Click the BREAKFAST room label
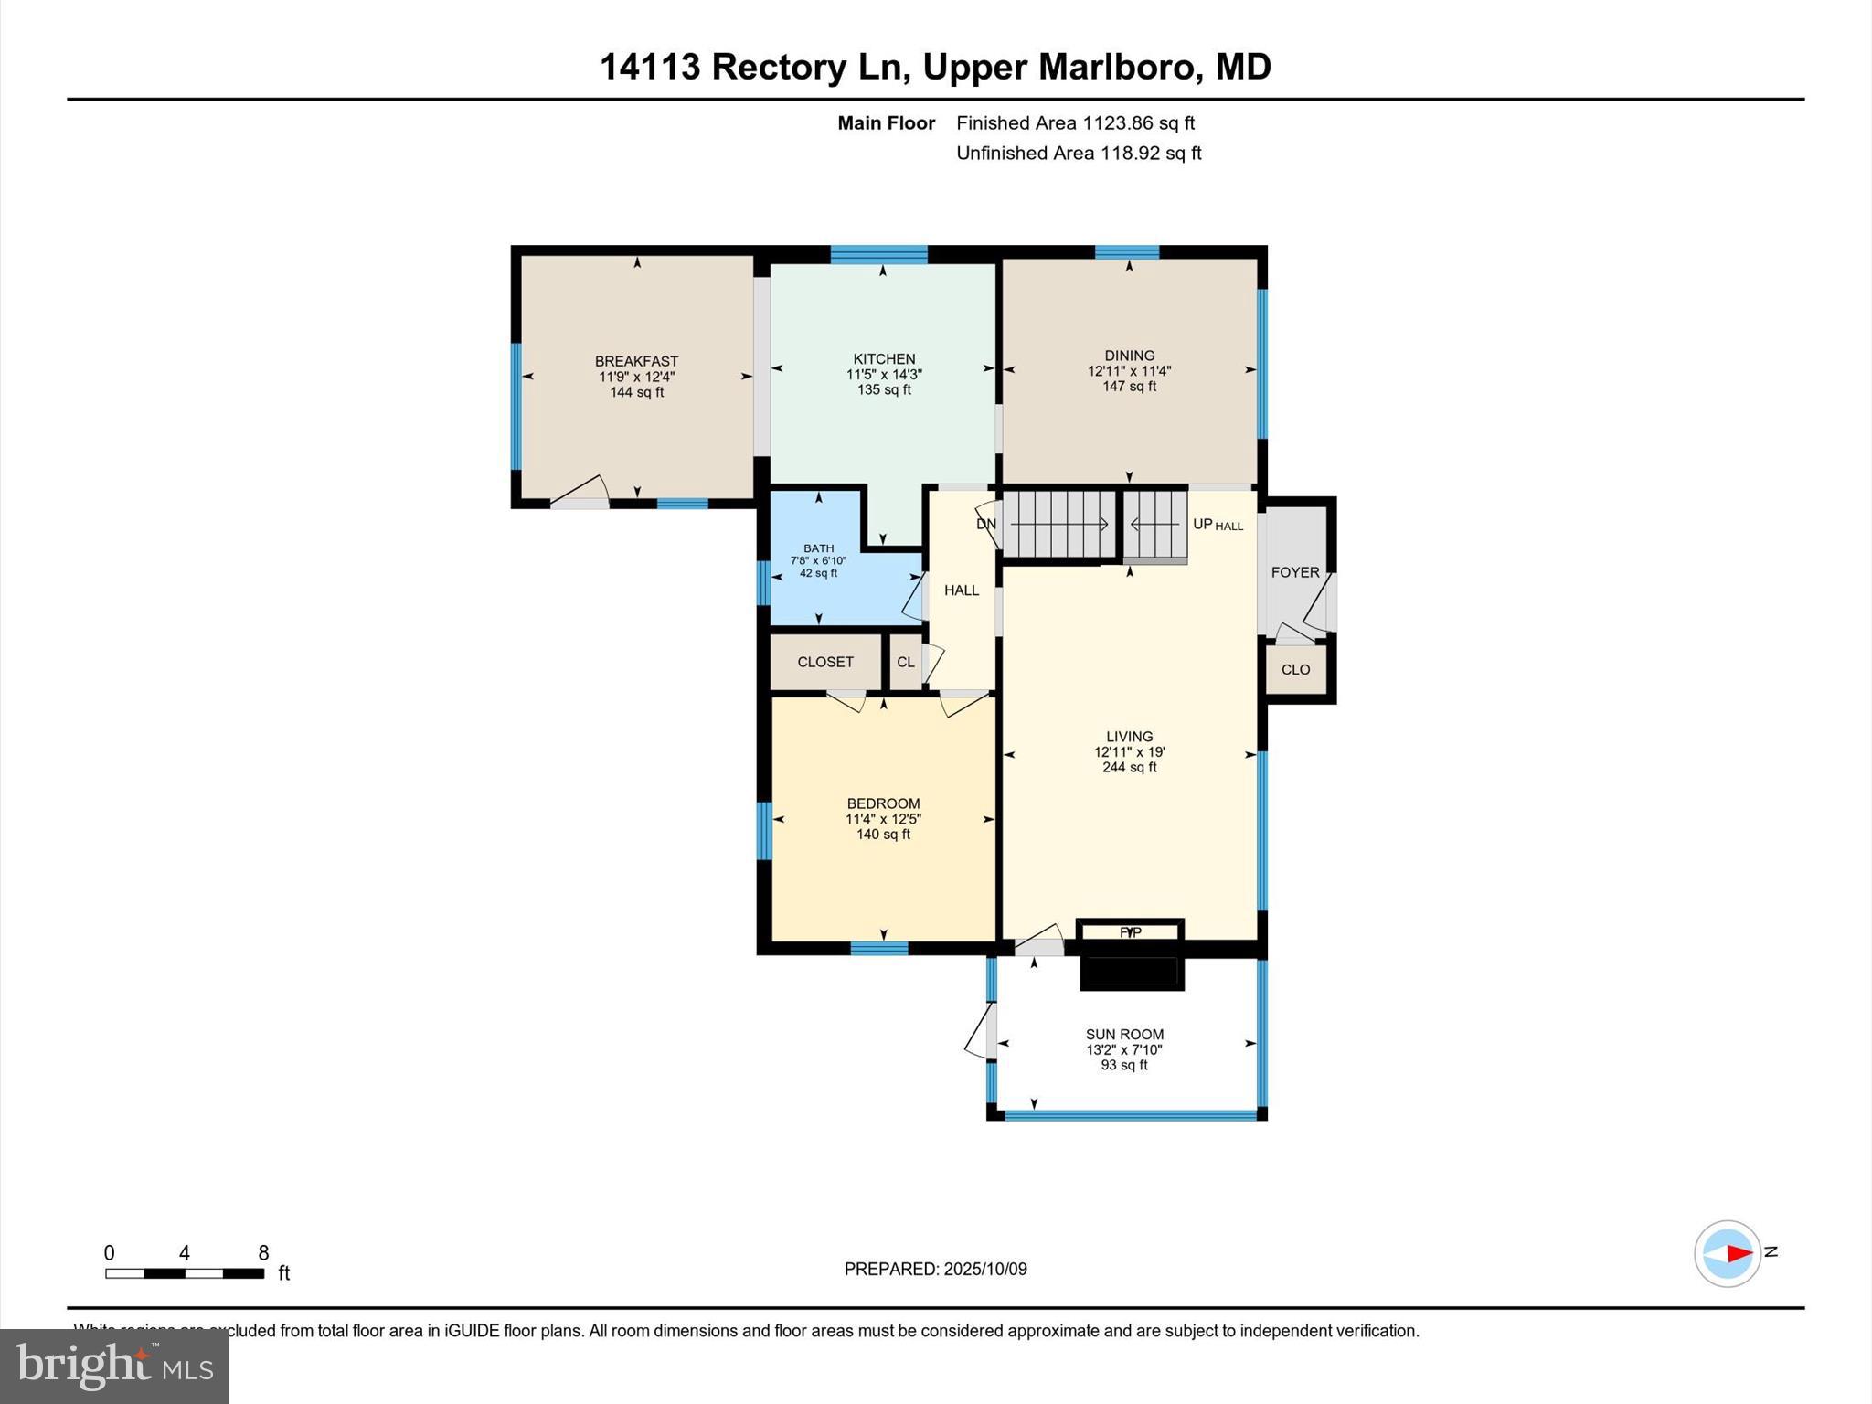tap(636, 361)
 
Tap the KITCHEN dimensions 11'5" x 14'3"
tap(884, 374)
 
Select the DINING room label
tap(1129, 356)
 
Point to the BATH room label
tap(818, 548)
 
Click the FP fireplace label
tap(1130, 932)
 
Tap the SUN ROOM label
tap(1124, 1035)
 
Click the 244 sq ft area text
tap(1129, 768)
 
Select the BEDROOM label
tap(883, 803)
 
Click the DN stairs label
tap(986, 525)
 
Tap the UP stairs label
tap(1202, 524)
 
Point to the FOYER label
tap(1295, 572)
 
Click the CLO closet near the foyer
tap(1295, 669)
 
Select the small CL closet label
tap(905, 662)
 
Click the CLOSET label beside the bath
tap(825, 662)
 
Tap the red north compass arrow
tap(1739, 1254)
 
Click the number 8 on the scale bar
tap(263, 1253)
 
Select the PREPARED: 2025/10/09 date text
tap(935, 1269)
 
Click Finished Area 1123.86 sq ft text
tap(1075, 122)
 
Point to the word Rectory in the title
tap(779, 67)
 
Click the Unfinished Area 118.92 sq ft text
tap(1079, 153)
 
